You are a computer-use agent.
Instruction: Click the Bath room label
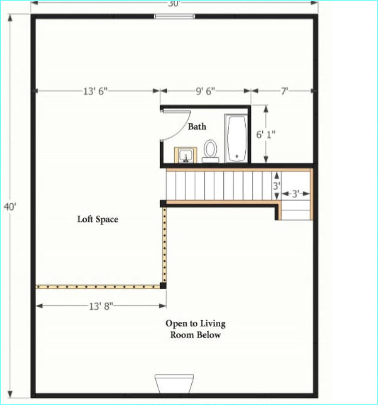click(197, 127)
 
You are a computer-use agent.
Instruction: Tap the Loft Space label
click(98, 219)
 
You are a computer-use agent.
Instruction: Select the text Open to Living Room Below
click(196, 329)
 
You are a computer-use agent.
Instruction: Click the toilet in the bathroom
click(210, 151)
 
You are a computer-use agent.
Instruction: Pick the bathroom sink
click(186, 155)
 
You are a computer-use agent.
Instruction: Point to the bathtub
click(236, 138)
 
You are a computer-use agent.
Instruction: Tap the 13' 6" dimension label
click(95, 91)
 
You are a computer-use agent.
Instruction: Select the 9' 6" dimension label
click(205, 91)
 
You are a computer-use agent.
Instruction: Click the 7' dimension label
click(284, 91)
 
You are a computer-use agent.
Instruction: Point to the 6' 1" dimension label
click(266, 134)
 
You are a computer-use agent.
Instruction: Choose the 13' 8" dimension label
click(101, 306)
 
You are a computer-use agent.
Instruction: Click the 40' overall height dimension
click(10, 207)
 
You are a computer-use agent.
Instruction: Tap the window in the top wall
click(174, 17)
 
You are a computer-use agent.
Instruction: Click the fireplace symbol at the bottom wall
click(174, 384)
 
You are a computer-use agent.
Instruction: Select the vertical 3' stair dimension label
click(276, 186)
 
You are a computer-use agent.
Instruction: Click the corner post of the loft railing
click(163, 285)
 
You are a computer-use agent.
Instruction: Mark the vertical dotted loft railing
click(164, 245)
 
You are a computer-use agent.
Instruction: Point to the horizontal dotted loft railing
click(98, 286)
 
